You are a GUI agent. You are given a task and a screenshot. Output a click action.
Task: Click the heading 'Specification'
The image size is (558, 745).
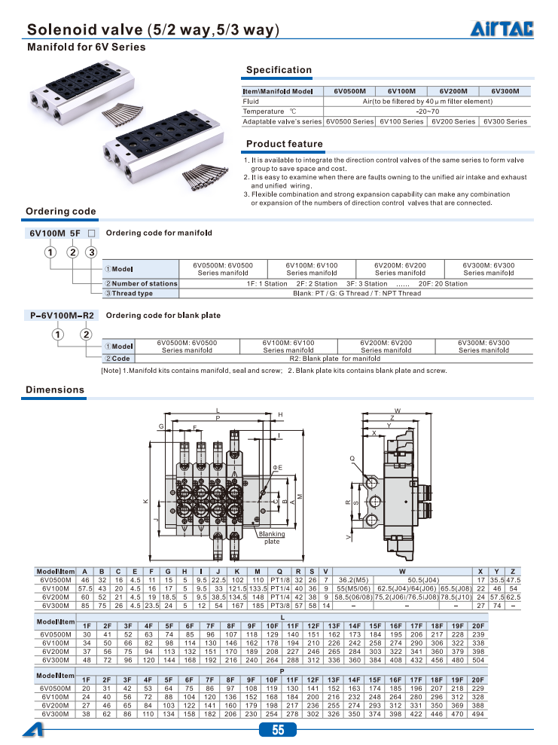pyautogui.click(x=279, y=70)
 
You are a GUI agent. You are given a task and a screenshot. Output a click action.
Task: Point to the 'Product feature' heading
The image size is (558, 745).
pyautogui.click(x=285, y=144)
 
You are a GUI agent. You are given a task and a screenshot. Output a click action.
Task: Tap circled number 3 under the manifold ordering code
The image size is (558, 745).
pyautogui.click(x=91, y=252)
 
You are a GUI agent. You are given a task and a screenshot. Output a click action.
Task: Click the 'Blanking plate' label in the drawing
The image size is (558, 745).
pyautogui.click(x=272, y=537)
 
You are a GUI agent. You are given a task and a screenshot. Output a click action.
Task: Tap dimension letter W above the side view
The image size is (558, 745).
pyautogui.click(x=397, y=410)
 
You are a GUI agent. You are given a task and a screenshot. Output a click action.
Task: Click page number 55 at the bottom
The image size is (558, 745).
pyautogui.click(x=279, y=730)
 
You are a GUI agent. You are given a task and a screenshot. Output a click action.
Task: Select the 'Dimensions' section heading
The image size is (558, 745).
pyautogui.click(x=55, y=389)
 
